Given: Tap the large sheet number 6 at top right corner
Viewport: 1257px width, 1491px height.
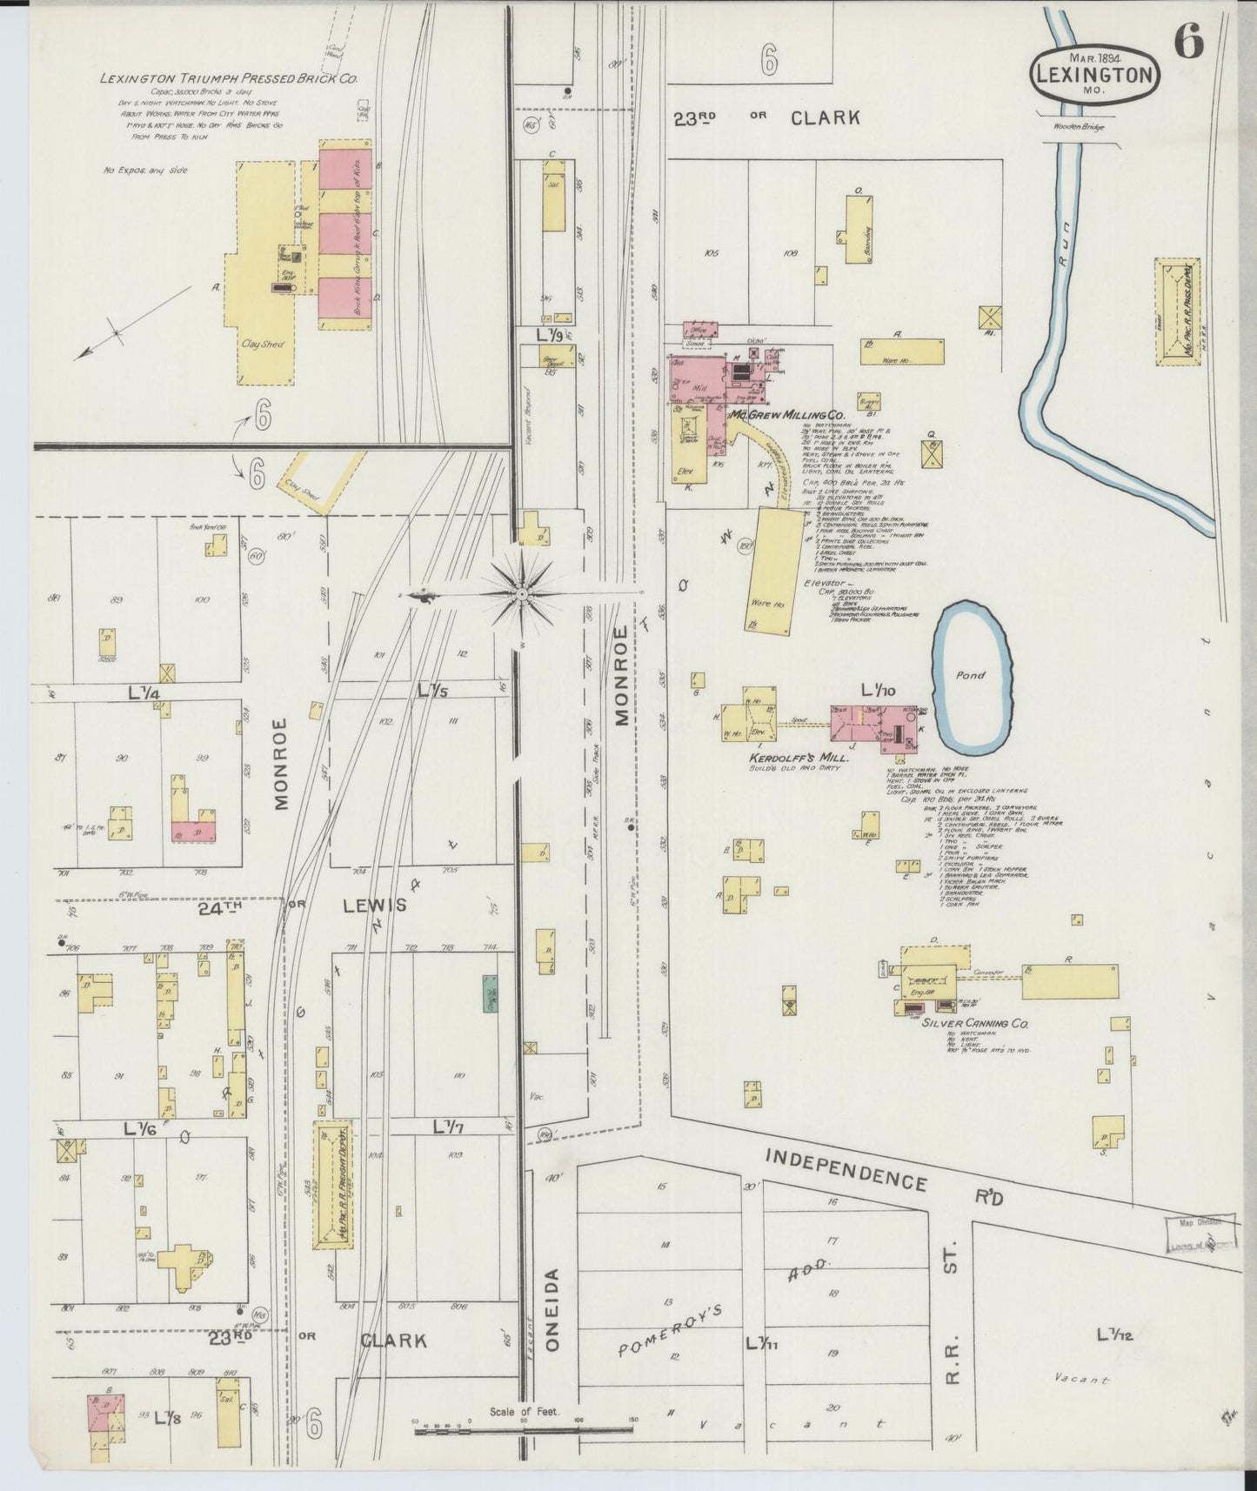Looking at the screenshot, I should [x=1188, y=42].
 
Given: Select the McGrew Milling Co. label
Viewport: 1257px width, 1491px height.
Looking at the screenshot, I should [x=788, y=416].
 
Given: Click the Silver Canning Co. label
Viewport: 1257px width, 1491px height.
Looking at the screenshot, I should [x=973, y=1024].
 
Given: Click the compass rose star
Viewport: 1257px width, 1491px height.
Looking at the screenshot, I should [x=522, y=594].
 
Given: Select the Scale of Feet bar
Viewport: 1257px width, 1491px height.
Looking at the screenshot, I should [x=522, y=1428].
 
